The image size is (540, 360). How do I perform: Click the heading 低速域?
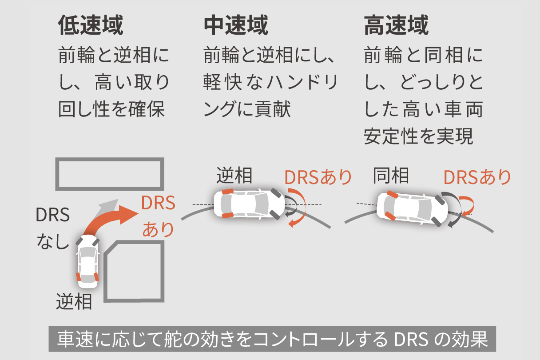[x=90, y=26]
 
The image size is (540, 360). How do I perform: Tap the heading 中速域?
[x=236, y=26]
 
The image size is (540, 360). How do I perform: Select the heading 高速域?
[x=396, y=26]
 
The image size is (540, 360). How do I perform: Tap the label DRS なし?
[x=53, y=229]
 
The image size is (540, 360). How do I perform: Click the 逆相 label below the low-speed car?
[x=74, y=302]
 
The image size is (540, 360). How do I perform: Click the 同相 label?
[x=391, y=176]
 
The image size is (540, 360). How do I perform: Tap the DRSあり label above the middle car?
[x=318, y=177]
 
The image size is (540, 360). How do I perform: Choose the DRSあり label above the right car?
[x=477, y=177]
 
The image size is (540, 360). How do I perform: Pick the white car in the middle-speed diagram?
[x=249, y=204]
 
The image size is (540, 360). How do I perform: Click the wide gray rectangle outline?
[x=109, y=173]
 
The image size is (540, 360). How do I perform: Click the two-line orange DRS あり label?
[x=158, y=216]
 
